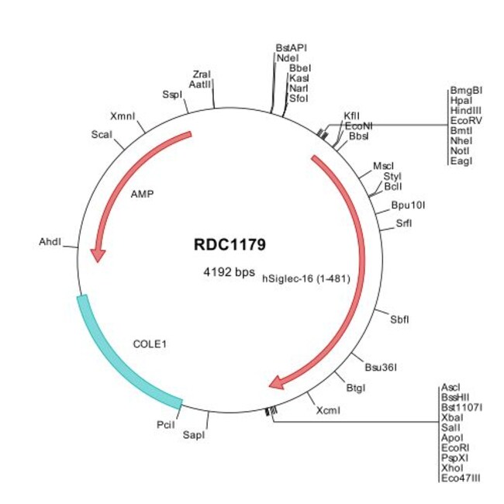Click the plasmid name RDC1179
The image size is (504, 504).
click(x=230, y=244)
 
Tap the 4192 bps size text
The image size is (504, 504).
click(x=230, y=272)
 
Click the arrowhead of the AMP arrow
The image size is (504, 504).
click(x=98, y=255)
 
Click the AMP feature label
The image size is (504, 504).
click(x=143, y=194)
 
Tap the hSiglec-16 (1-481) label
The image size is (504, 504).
click(x=306, y=278)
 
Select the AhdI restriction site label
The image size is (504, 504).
click(x=50, y=242)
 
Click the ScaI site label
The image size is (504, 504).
click(x=102, y=134)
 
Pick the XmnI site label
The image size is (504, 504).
click(x=123, y=116)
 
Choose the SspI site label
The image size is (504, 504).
click(x=172, y=95)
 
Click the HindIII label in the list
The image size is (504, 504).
click(x=466, y=111)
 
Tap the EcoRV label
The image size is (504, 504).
click(x=466, y=120)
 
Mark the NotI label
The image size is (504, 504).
click(x=460, y=150)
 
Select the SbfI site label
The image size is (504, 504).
click(x=399, y=319)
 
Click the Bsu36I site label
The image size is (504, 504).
click(x=381, y=367)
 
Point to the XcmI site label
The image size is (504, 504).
click(x=328, y=410)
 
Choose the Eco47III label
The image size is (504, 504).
click(x=461, y=478)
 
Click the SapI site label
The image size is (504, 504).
click(x=194, y=435)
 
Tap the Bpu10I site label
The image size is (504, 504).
click(x=408, y=205)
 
